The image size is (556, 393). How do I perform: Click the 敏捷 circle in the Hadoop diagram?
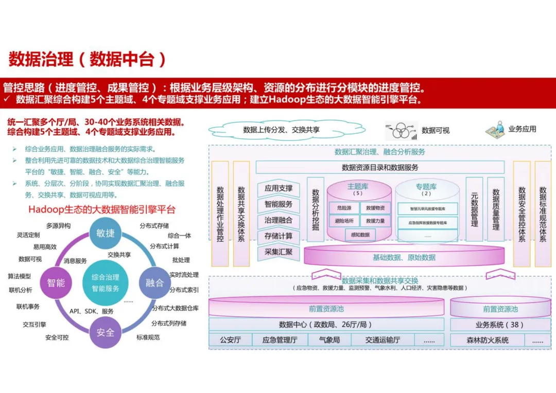point(106,233)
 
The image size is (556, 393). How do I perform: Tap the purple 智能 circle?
point(56,282)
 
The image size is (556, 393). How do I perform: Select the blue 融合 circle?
point(155,282)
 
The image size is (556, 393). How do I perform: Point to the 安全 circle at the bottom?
point(106,332)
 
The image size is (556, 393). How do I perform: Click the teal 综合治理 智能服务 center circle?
point(106,282)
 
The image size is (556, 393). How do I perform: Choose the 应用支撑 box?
point(279,189)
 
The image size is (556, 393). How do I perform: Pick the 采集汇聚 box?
point(279,252)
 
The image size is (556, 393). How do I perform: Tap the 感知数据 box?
point(360,235)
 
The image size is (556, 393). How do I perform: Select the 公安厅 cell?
point(230,340)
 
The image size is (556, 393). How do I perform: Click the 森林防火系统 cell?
point(487,340)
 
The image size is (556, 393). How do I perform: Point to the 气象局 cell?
point(329,340)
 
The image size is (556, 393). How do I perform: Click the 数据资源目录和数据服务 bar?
point(380,167)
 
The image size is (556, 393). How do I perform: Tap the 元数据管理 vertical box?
point(474,209)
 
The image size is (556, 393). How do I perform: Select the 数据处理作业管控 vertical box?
point(220,214)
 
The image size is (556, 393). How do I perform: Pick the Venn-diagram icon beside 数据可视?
point(402,131)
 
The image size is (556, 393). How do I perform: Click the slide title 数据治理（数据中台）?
point(88,60)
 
